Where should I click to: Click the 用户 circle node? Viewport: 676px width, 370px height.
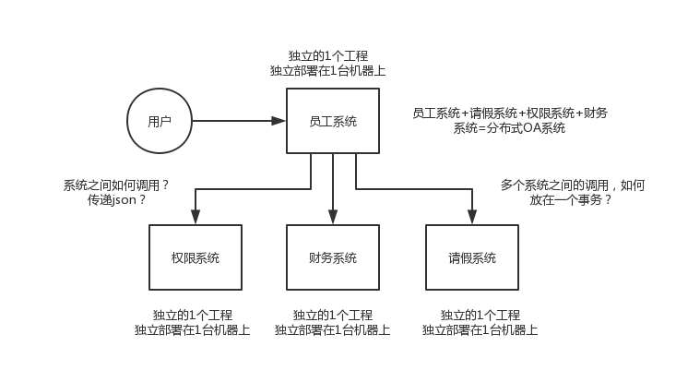(159, 121)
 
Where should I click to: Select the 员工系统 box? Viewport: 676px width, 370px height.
(333, 121)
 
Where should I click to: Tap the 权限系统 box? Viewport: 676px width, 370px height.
(195, 257)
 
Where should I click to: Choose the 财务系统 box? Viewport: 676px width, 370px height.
(333, 257)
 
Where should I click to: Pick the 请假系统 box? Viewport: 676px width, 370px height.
(471, 257)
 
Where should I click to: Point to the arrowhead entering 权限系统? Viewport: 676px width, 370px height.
(195, 218)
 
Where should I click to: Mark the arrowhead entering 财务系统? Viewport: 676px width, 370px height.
(333, 218)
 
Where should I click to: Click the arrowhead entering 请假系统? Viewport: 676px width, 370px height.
(471, 218)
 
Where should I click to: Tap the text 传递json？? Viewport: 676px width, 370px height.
(116, 199)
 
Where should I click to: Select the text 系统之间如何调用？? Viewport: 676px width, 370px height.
(116, 185)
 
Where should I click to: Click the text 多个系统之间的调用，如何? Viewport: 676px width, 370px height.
(572, 185)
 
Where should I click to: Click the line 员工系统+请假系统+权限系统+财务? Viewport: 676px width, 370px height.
(510, 113)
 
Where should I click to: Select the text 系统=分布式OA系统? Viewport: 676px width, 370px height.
(510, 128)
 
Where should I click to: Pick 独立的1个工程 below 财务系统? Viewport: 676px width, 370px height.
(333, 315)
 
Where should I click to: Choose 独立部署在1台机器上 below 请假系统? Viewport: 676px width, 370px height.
(480, 330)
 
